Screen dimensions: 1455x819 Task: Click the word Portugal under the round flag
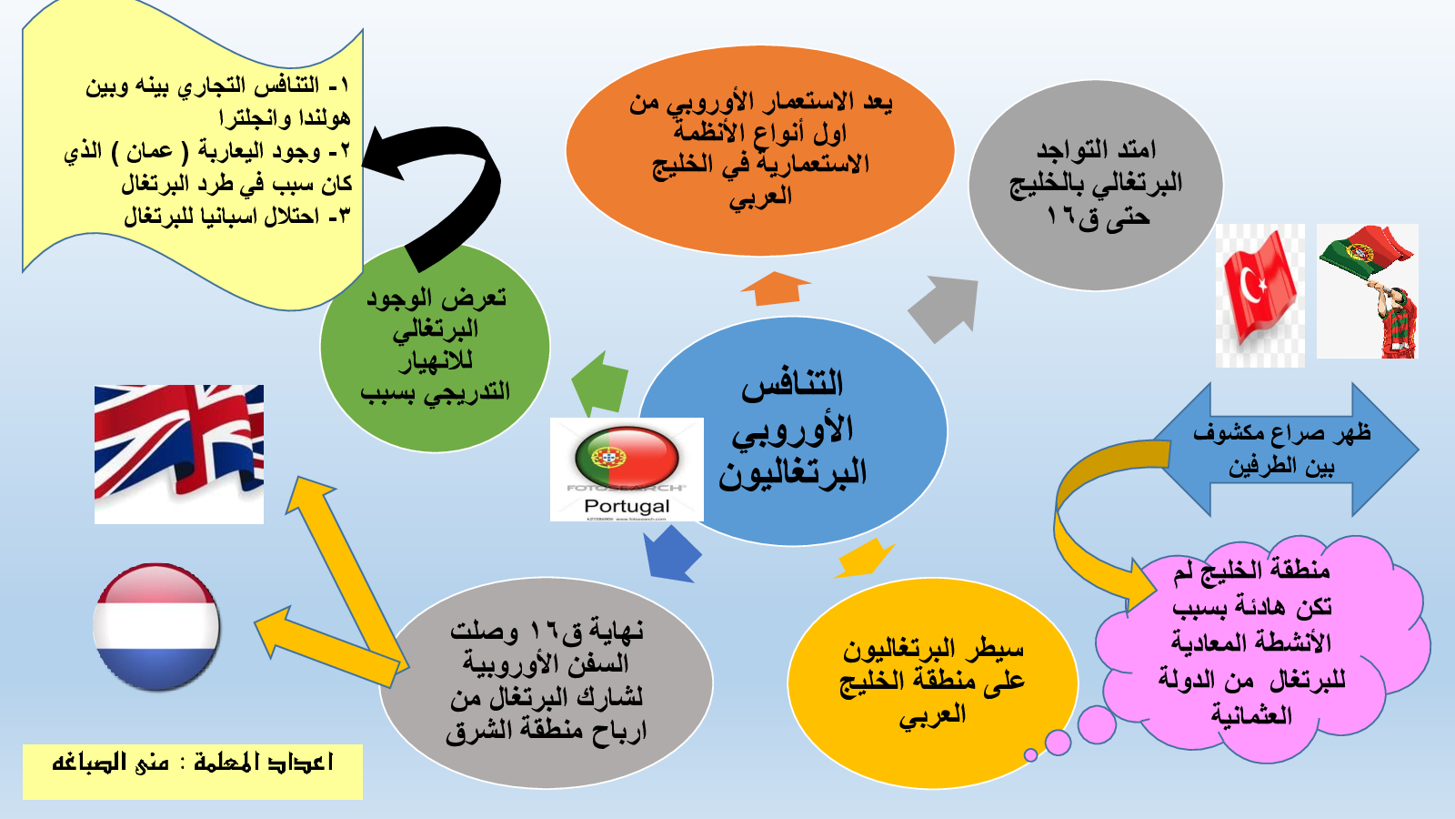click(x=627, y=506)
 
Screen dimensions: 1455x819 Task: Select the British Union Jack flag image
click(x=179, y=454)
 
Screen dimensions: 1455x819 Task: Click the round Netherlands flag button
click(x=156, y=627)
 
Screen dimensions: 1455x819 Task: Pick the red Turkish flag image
click(x=1260, y=296)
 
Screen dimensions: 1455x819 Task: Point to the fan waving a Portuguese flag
click(x=1368, y=291)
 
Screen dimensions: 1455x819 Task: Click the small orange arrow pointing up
click(x=776, y=288)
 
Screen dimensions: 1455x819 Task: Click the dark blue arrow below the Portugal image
click(x=673, y=554)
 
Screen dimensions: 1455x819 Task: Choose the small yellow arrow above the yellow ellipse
click(x=865, y=559)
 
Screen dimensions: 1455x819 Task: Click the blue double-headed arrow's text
click(x=1281, y=450)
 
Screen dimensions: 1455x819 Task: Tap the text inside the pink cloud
click(x=1251, y=643)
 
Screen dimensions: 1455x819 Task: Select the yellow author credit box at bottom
click(x=192, y=772)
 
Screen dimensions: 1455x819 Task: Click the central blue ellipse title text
click(x=793, y=430)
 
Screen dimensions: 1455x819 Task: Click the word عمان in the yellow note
click(x=149, y=151)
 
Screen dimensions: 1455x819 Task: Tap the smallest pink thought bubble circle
click(x=1030, y=754)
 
